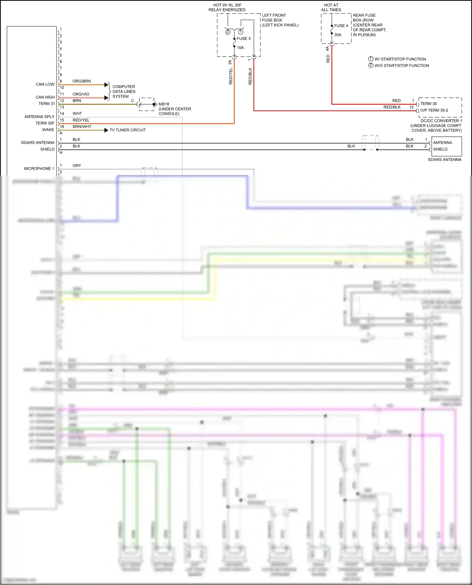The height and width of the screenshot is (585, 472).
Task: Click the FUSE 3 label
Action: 244,39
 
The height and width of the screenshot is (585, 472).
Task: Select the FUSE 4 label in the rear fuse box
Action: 341,26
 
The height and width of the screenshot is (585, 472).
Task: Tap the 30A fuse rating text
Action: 338,35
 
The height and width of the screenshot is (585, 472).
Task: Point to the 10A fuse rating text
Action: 240,48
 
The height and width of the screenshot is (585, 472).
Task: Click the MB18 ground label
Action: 164,104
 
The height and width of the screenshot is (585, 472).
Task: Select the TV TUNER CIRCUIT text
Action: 127,130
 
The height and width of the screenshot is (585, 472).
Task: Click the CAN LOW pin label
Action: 45,84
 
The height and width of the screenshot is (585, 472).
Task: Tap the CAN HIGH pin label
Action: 45,97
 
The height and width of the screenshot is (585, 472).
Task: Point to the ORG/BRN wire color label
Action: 81,81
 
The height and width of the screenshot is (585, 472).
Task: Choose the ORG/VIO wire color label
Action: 81,94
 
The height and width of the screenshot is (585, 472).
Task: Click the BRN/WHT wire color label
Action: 82,127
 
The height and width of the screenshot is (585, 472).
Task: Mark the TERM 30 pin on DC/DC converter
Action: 429,104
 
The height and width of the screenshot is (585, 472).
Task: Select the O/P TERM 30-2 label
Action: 434,110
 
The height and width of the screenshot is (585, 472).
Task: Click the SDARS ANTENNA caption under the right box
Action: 445,160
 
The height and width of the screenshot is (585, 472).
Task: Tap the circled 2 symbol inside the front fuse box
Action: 228,32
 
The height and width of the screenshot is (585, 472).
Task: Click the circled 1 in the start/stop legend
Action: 371,59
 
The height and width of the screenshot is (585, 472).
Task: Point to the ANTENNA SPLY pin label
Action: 39,117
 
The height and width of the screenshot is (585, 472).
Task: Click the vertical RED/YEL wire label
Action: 231,76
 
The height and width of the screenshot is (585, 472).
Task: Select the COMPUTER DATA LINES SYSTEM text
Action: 124,91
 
